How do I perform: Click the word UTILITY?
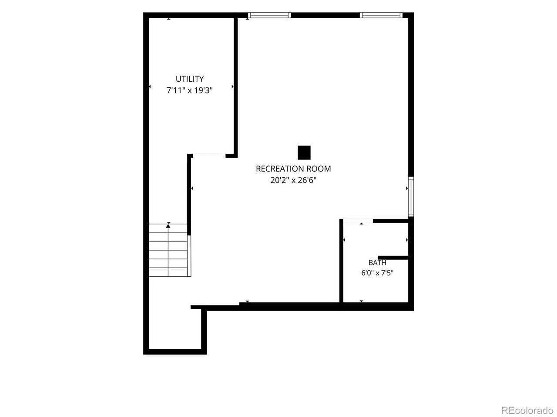190,79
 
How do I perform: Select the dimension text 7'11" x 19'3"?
190,90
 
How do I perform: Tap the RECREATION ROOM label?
293,169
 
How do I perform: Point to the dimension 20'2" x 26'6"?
293,180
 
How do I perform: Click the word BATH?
377,263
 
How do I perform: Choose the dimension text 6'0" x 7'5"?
377,273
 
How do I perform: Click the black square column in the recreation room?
304,152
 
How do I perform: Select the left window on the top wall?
269,15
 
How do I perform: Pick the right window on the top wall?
381,15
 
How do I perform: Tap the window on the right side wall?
411,197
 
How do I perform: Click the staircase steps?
168,250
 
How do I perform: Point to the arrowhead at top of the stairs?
168,225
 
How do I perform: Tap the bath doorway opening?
358,221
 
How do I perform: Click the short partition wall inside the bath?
393,258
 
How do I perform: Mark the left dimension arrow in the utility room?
149,86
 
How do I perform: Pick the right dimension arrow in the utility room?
232,86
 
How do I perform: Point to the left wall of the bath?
341,261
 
